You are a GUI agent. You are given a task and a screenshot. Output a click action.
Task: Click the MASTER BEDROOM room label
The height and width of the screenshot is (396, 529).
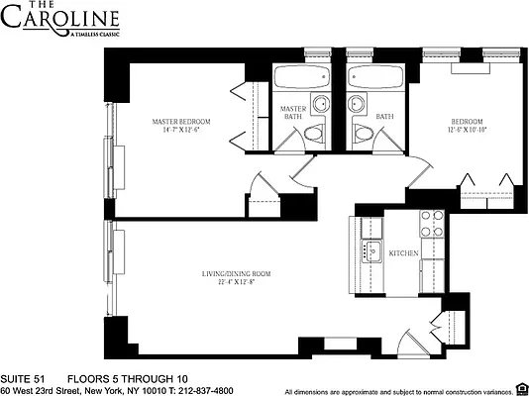(180, 122)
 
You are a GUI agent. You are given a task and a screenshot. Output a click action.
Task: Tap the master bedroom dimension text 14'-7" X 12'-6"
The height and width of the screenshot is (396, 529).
(180, 132)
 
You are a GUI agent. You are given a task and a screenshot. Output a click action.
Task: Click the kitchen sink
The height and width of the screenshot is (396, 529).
(373, 250)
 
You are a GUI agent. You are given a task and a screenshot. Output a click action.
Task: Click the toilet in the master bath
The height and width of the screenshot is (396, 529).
(314, 134)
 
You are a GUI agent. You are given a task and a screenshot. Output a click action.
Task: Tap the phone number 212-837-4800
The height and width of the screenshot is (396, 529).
(213, 389)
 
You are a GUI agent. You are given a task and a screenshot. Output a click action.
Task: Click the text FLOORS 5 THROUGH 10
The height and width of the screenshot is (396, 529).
(126, 378)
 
